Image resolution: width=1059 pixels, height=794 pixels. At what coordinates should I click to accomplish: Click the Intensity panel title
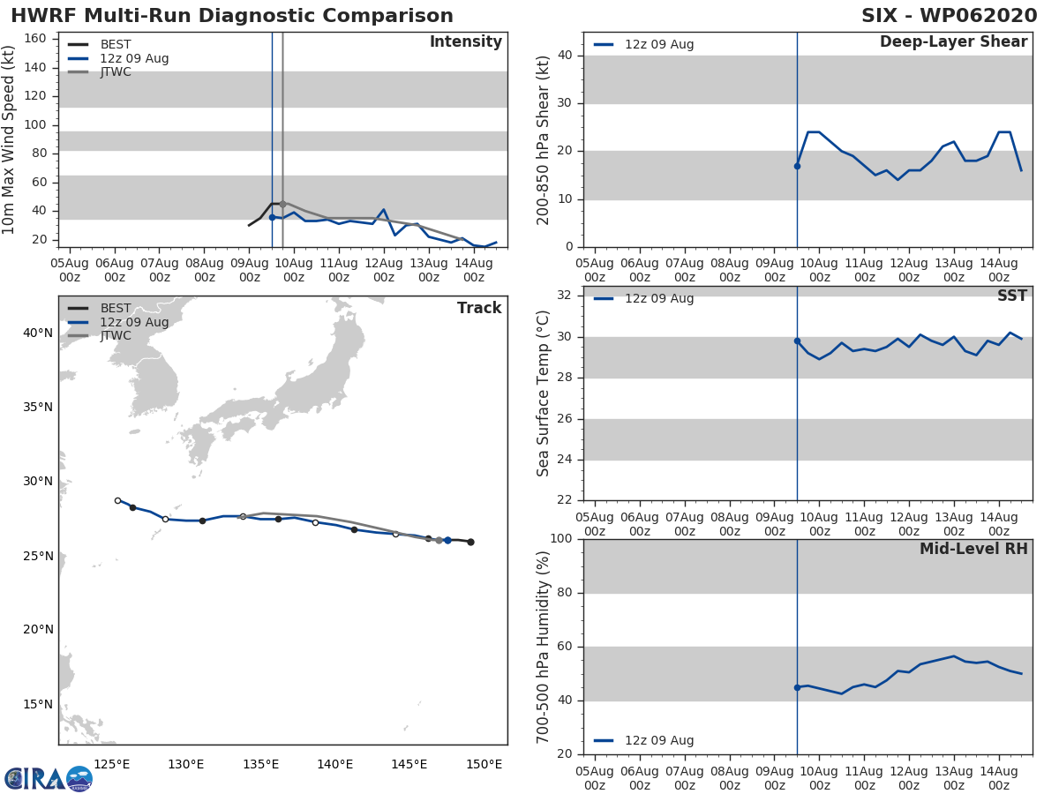tap(465, 42)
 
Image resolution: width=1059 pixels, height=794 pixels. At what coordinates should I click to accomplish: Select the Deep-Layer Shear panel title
tap(953, 42)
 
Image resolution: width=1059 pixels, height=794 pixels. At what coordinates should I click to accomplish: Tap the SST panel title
tap(1011, 296)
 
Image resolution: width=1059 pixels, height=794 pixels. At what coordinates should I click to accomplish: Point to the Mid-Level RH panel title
tap(973, 550)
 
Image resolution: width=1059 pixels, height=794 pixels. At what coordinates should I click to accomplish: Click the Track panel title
tap(479, 308)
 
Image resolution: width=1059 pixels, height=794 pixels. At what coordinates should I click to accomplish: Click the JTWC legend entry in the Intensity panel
tap(115, 72)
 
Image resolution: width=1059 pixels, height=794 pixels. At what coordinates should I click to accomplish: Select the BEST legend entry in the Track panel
tap(115, 309)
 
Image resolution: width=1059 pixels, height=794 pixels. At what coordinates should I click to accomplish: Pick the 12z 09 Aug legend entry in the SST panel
tap(658, 299)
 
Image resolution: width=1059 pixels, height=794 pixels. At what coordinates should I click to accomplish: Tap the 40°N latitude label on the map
tap(37, 333)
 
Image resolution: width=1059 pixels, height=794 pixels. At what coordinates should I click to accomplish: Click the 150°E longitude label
tap(484, 764)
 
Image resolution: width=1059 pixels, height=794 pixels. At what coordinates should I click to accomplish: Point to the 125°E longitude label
tap(112, 764)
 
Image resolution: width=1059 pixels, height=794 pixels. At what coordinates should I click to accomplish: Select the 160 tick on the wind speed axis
tap(34, 39)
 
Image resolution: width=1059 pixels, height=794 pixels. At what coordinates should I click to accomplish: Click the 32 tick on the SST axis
tap(567, 296)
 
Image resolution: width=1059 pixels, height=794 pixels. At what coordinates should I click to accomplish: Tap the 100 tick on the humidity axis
tap(562, 539)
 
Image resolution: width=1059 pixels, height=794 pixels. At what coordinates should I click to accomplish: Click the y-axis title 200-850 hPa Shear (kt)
tap(544, 139)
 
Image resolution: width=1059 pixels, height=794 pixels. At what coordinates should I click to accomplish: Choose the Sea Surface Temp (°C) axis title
tap(544, 393)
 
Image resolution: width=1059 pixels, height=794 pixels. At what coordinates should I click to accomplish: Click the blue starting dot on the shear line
tap(797, 166)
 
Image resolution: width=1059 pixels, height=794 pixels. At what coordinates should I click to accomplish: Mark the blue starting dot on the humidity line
tap(797, 687)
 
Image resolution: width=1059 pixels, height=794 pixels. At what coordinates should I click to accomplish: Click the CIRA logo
tap(48, 778)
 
